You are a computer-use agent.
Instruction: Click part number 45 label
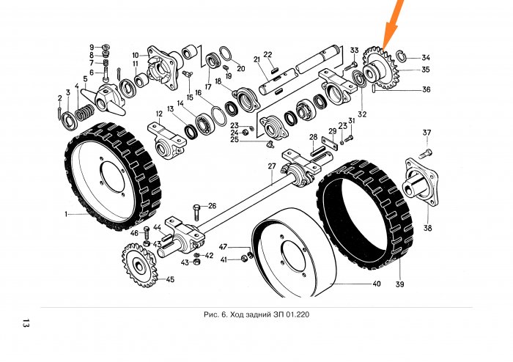[170, 279]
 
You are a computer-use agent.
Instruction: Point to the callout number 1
[65, 215]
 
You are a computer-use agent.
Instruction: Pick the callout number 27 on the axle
[271, 166]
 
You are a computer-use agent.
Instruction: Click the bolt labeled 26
[197, 213]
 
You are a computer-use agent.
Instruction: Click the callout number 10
[136, 55]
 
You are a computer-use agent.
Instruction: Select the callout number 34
[426, 58]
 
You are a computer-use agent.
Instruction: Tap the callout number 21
[256, 59]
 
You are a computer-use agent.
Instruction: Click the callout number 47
[224, 248]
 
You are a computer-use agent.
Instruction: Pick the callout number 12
[158, 114]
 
